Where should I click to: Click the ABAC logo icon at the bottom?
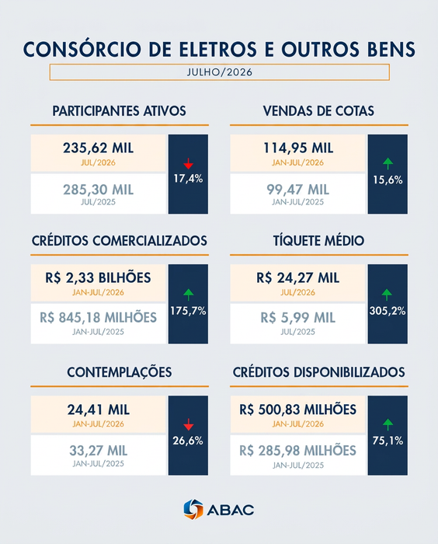point(193,509)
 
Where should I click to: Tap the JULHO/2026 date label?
point(220,72)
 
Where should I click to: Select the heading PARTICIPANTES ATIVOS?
point(120,111)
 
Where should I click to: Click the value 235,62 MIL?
point(98,148)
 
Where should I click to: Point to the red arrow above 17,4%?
point(188,163)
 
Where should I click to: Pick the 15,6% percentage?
point(388,180)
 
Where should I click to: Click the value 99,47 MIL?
point(298,190)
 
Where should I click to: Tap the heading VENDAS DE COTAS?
point(318,111)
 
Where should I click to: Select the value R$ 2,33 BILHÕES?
point(98,278)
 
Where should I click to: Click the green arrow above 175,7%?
point(188,295)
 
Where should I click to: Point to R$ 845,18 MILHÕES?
point(98,317)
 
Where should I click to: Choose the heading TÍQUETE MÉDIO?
point(318,241)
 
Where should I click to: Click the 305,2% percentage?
point(388,311)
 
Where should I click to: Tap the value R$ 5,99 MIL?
point(298,317)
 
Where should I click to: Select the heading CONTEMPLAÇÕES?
point(120,372)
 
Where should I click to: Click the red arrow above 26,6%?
point(188,424)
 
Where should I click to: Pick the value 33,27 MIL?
point(98,451)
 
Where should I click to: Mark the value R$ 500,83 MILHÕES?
point(298,410)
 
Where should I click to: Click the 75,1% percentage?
point(388,441)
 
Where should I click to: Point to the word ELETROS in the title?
point(217,49)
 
